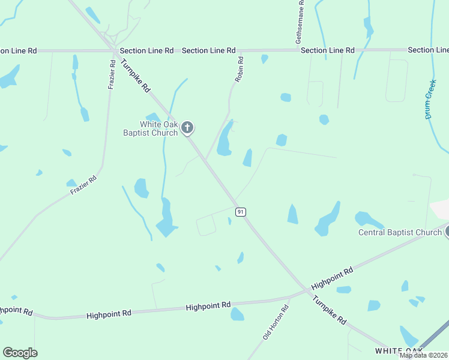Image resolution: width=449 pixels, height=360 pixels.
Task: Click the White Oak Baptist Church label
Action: pyautogui.click(x=158, y=128)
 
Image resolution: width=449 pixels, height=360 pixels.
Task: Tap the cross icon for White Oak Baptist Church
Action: pyautogui.click(x=187, y=127)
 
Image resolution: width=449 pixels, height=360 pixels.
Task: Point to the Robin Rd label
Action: pyautogui.click(x=239, y=69)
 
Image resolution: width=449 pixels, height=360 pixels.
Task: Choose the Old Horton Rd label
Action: pyautogui.click(x=276, y=322)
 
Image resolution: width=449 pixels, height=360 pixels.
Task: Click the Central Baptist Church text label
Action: pyautogui.click(x=400, y=232)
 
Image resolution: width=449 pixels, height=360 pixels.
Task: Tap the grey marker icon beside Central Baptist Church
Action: pyautogui.click(x=447, y=232)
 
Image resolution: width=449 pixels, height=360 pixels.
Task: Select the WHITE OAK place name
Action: pyautogui.click(x=399, y=350)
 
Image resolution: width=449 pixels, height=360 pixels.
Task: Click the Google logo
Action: pyautogui.click(x=20, y=353)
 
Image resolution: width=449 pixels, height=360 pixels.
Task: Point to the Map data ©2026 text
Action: pyautogui.click(x=423, y=355)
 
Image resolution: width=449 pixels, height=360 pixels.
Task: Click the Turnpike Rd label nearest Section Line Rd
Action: pyautogui.click(x=135, y=75)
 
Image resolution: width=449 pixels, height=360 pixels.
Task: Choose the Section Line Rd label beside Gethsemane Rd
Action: pyautogui.click(x=328, y=50)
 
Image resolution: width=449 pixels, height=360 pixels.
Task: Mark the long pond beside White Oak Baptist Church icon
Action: pyautogui.click(x=225, y=140)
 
